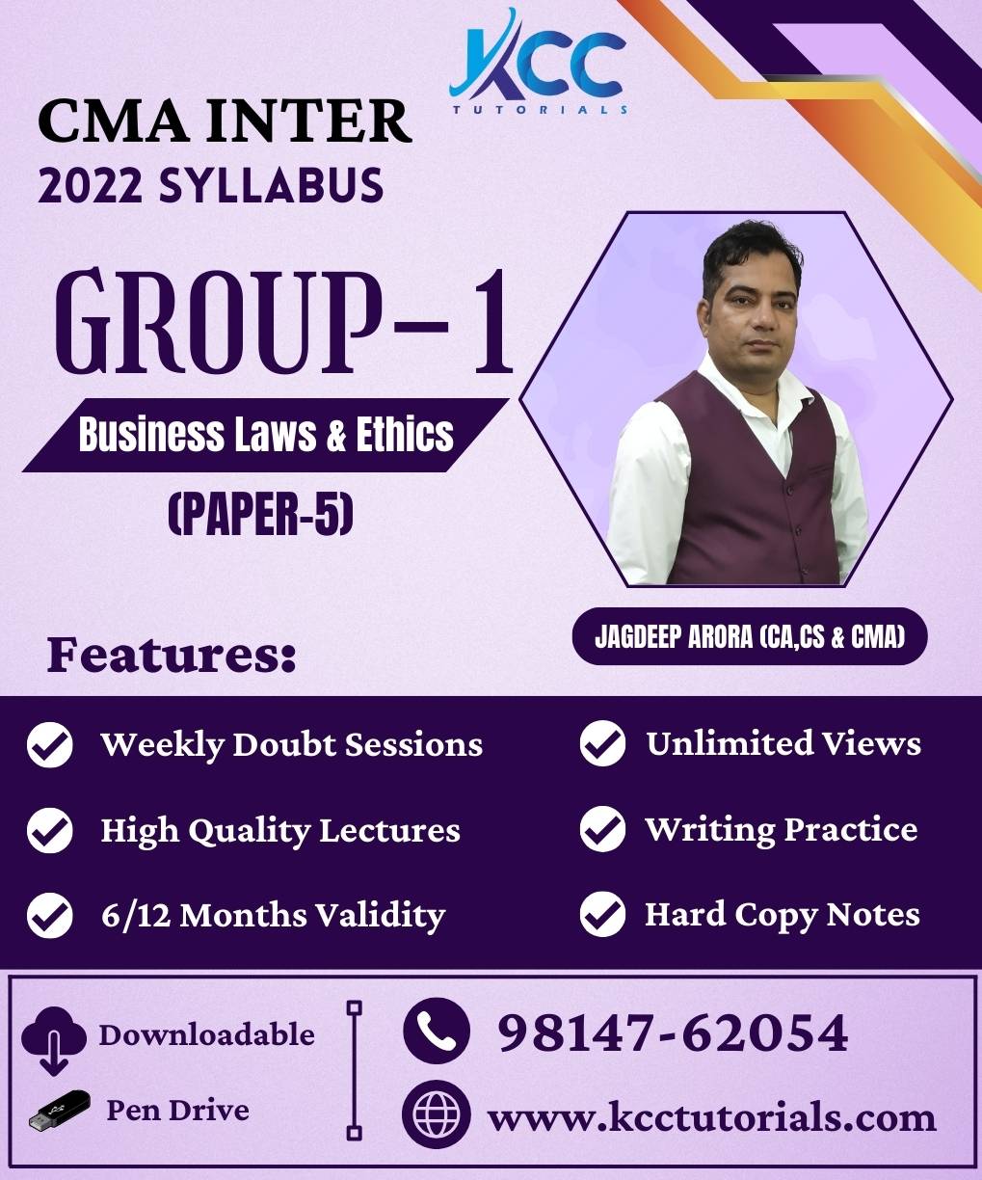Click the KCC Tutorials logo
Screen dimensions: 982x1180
tap(539, 62)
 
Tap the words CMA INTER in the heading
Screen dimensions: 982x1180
tap(225, 121)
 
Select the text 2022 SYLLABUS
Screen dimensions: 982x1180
tap(211, 185)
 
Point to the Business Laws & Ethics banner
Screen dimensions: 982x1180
tap(266, 435)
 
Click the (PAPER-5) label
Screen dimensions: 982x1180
tap(260, 514)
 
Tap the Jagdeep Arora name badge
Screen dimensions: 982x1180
tap(750, 637)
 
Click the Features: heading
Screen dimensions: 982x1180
tap(172, 655)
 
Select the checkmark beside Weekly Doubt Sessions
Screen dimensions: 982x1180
tap(50, 744)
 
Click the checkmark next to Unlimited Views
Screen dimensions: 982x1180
tap(602, 743)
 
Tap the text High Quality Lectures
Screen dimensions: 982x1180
tap(280, 831)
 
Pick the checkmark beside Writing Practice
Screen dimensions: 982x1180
tap(602, 829)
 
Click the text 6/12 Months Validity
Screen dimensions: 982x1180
tap(273, 916)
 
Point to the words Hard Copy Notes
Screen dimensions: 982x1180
tap(783, 915)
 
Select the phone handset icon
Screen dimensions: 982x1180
tap(437, 1031)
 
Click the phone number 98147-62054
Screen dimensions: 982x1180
tap(673, 1032)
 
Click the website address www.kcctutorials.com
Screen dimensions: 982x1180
tap(712, 1116)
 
